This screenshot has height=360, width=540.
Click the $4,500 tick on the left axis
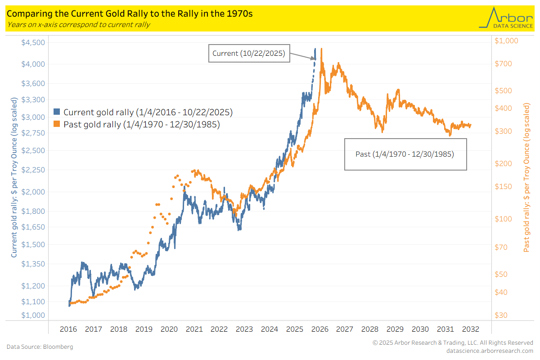coord(33,43)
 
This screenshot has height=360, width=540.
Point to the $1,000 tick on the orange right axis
coord(506,40)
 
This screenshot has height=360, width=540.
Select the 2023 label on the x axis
coord(244,329)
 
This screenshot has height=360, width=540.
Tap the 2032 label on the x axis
coord(471,329)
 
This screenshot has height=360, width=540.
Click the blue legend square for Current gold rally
coord(57,112)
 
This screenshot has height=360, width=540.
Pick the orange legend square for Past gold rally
coord(57,124)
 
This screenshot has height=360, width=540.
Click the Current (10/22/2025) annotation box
coord(249,53)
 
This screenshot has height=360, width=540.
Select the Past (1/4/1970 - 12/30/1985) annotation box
coord(405,154)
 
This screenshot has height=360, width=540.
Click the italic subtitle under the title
coord(78,25)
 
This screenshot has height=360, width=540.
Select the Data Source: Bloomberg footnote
coord(40,347)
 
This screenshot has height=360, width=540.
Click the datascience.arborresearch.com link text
coord(489,351)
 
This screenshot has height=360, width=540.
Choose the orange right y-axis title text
coord(526,177)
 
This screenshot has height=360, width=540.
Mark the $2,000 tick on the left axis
coord(33,192)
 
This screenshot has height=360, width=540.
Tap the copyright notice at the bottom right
coord(453,343)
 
